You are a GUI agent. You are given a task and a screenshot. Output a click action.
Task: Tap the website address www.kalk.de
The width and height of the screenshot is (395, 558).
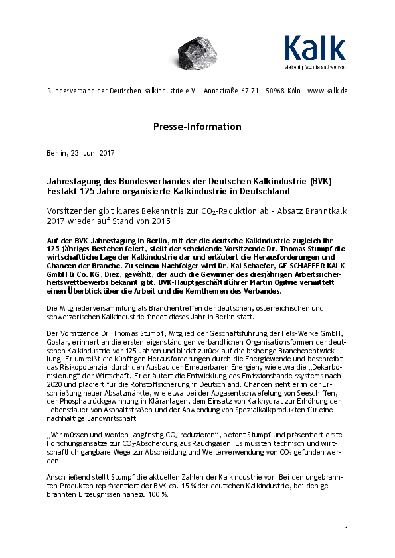(x=328, y=90)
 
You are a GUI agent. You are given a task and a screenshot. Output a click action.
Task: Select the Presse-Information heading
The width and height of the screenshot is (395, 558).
(x=197, y=126)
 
